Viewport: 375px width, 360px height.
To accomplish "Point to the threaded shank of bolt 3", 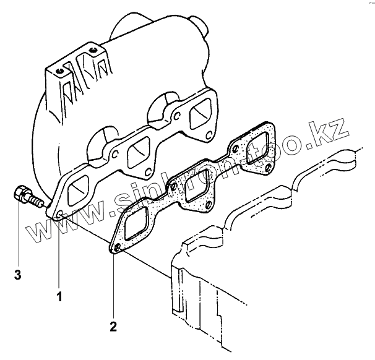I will [x=37, y=202].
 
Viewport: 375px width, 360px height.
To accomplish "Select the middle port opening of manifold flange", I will [x=137, y=152].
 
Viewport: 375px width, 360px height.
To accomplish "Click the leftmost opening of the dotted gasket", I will [x=137, y=225].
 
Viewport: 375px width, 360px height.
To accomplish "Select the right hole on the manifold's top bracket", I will [x=93, y=49].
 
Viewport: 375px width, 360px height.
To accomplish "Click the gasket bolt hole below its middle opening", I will [x=209, y=206].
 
